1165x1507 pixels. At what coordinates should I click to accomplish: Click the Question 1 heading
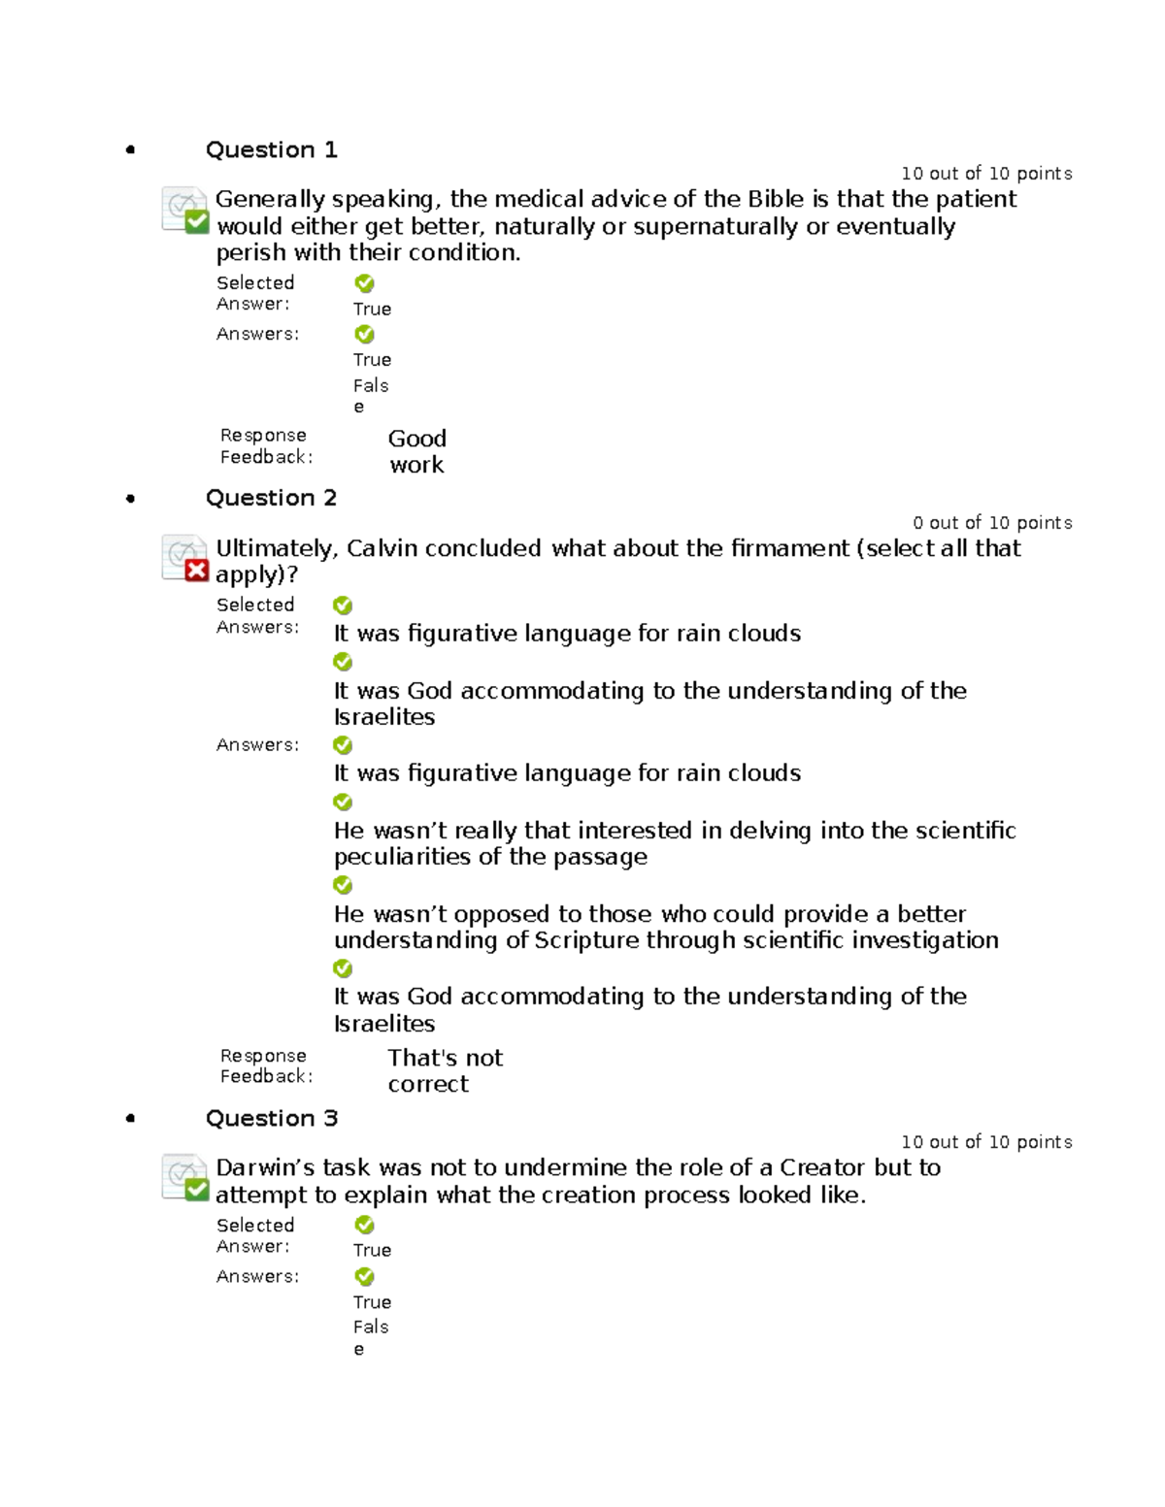271,149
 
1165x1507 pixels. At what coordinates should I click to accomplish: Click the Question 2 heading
271,498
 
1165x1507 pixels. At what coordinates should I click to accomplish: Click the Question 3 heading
271,1118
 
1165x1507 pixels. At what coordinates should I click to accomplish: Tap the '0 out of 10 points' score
991,523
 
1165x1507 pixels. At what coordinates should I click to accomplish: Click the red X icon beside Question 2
196,571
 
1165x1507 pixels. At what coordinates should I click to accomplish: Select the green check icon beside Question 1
196,222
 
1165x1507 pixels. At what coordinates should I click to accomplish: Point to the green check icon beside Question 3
196,1189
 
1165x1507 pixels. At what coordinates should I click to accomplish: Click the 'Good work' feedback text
416,451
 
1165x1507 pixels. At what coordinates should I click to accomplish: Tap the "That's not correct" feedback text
445,1070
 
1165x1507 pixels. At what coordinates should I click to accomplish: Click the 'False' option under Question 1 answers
370,395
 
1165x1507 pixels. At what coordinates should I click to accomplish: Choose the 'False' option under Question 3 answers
370,1336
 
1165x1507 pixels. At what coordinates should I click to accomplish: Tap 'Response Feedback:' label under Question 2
265,1065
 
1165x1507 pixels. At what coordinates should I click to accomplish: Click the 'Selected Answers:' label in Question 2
256,615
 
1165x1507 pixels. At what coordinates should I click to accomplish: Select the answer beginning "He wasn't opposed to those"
665,927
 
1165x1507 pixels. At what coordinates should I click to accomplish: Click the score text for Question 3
985,1142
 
